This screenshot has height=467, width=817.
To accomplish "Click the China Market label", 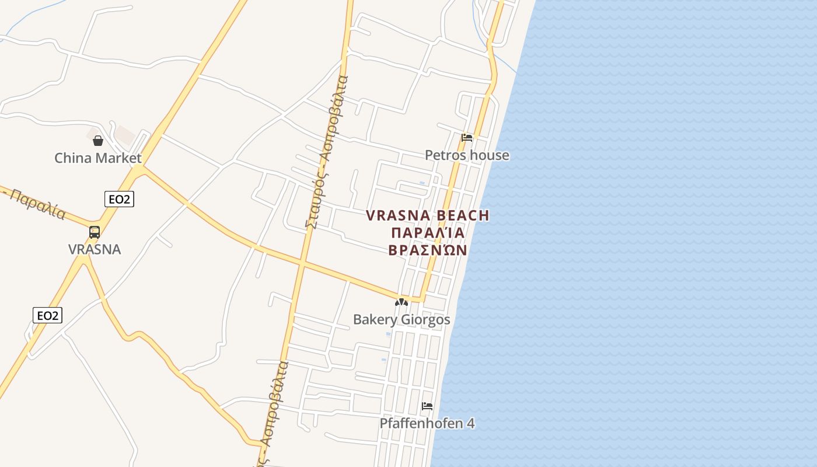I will coord(98,158).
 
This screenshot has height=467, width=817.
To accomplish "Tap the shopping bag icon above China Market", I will coord(98,141).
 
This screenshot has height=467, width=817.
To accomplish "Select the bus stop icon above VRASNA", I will coord(95,232).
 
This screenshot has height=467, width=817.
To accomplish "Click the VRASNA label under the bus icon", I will coord(95,249).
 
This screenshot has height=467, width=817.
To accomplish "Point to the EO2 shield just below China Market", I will coord(119,199).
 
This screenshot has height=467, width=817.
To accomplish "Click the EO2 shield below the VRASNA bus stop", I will coord(47,316).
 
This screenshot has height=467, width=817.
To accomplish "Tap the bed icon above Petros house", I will coord(467,138).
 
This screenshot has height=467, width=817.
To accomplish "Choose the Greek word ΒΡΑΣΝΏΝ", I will coord(428,250).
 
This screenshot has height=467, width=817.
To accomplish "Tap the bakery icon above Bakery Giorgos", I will coord(401,302).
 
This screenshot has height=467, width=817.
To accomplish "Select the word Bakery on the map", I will coord(374,320).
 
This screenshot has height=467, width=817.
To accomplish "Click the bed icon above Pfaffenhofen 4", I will coord(427,406).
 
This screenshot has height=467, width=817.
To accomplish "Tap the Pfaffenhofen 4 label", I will coord(427,424).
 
